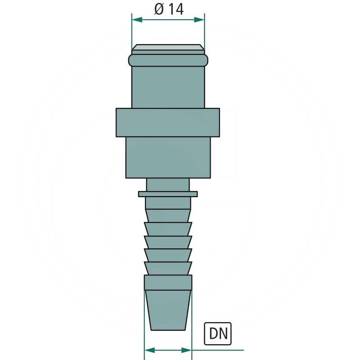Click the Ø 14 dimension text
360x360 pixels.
(x=169, y=9)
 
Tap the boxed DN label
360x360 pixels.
(x=217, y=333)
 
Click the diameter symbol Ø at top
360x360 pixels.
(x=159, y=9)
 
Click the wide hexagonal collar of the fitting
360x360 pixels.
(x=168, y=122)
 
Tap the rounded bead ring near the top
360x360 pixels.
(x=169, y=60)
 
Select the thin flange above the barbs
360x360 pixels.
(x=168, y=194)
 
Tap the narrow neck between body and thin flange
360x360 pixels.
(x=168, y=184)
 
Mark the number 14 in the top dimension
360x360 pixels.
(x=176, y=9)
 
